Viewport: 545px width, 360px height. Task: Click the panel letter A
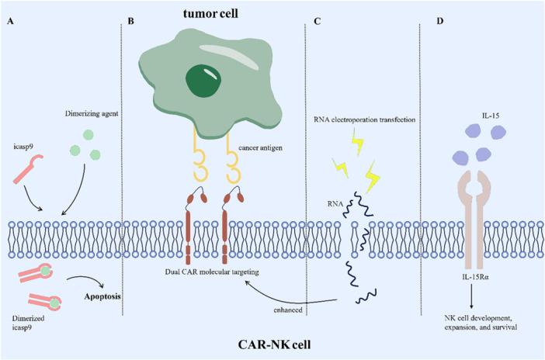(x=9, y=21)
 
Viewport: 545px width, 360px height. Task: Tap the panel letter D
(x=440, y=21)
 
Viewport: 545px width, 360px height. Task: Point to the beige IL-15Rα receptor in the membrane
(x=474, y=213)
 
